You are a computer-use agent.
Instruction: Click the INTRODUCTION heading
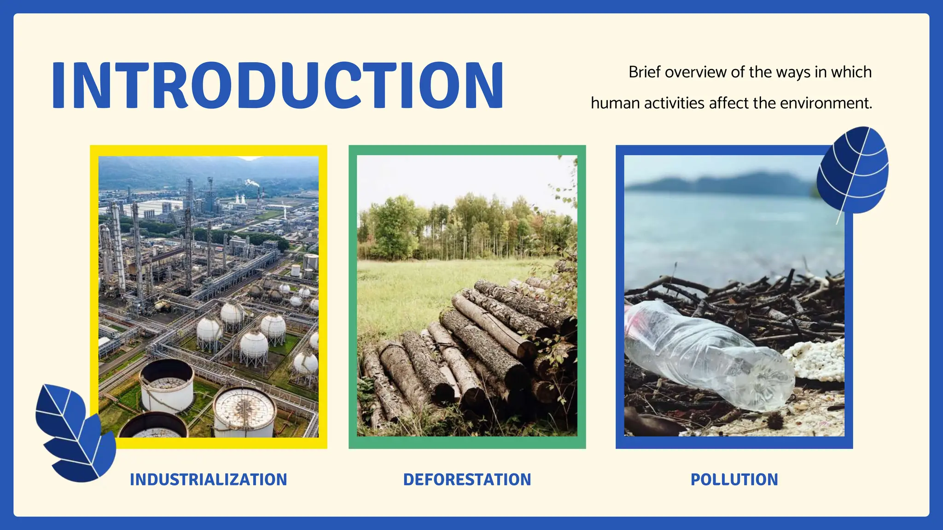pyautogui.click(x=278, y=86)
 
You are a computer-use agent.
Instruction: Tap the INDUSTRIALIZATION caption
pyautogui.click(x=208, y=479)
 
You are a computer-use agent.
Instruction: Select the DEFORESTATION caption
pyautogui.click(x=467, y=479)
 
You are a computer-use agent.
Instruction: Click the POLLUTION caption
pyautogui.click(x=734, y=479)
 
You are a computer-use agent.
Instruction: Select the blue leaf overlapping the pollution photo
pyautogui.click(x=853, y=170)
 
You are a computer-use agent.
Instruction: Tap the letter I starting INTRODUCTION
pyautogui.click(x=58, y=86)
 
